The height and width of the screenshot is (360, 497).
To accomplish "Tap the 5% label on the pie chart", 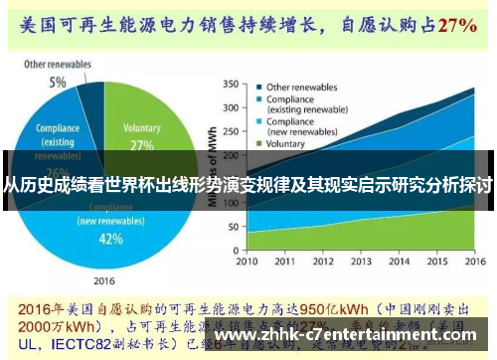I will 58,83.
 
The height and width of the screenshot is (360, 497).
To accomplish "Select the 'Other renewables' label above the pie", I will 57,65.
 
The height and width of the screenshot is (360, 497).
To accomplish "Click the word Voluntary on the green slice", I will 140,128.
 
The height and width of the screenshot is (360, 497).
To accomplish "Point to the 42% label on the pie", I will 111,239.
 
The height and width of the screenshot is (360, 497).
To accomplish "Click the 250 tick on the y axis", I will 234,125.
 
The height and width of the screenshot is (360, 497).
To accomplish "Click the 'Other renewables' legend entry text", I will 304,86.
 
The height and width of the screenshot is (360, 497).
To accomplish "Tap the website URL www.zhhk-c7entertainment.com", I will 352,335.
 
